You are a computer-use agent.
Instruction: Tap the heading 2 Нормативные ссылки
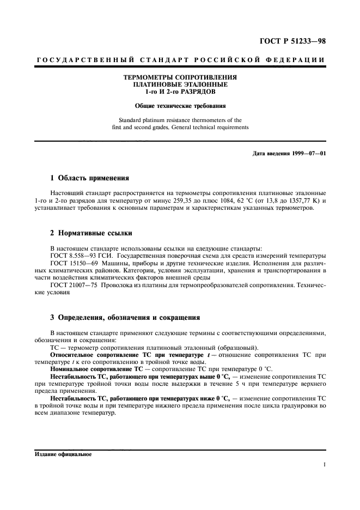91,233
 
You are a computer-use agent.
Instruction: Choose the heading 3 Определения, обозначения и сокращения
125,317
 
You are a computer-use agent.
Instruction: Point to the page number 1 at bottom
324,464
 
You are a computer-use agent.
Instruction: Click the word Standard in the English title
131,119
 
